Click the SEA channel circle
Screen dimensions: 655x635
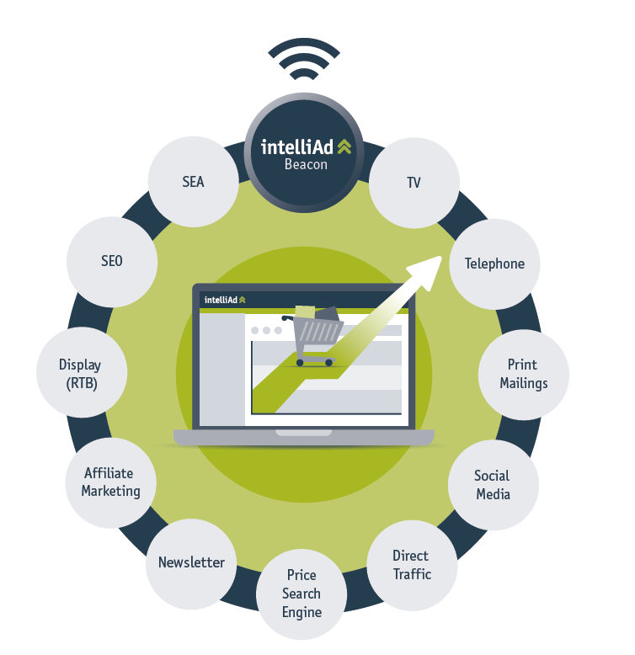(x=193, y=181)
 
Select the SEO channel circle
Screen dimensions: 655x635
(x=112, y=261)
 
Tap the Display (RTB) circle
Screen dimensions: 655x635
(x=81, y=374)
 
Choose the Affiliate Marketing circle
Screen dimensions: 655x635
(x=110, y=482)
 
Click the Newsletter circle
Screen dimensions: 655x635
(x=191, y=562)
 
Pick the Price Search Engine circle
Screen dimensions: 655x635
(x=301, y=593)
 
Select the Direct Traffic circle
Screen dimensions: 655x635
(x=412, y=565)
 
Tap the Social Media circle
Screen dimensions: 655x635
(x=493, y=485)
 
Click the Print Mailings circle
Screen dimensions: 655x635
(x=524, y=374)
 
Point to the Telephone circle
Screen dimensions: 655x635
(x=494, y=264)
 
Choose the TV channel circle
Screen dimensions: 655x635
(x=414, y=182)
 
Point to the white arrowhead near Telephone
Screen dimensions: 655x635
(x=426, y=269)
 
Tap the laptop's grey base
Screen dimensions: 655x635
(x=303, y=437)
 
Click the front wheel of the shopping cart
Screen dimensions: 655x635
(x=327, y=361)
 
